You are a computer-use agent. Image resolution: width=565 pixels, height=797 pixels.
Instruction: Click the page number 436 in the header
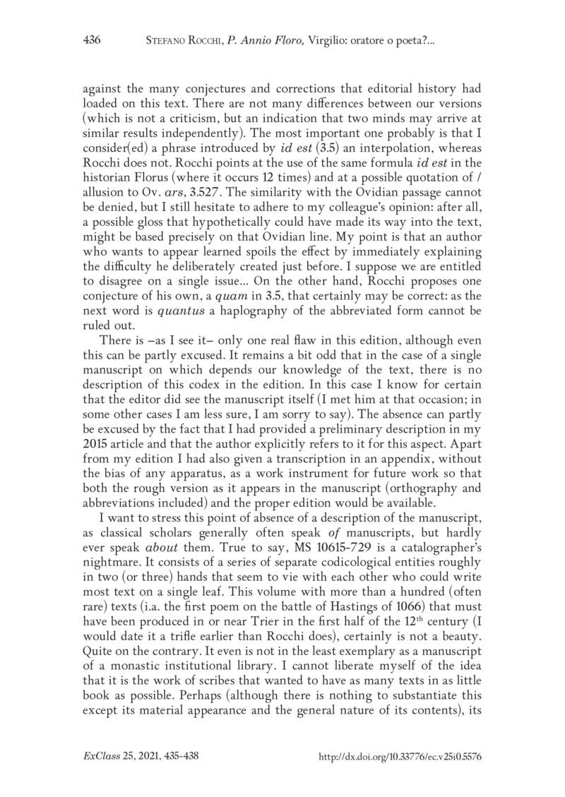93,42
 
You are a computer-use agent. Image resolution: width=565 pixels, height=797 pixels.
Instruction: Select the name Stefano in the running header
166,42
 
